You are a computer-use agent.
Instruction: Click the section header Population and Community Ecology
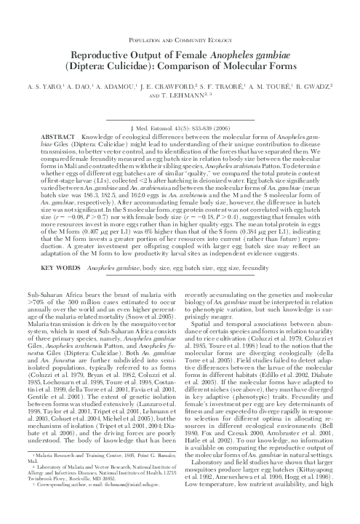point(180,39)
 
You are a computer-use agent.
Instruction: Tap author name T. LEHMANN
point(182,95)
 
